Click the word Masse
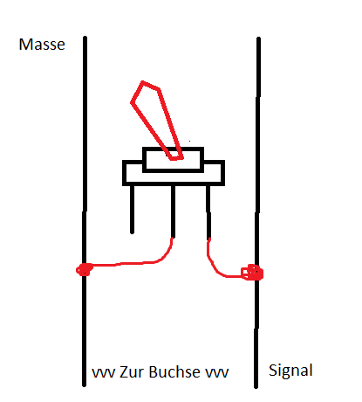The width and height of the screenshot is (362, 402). [42, 45]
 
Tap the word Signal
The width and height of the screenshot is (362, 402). [290, 371]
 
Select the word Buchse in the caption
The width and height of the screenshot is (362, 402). [174, 371]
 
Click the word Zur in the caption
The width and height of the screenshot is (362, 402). [133, 371]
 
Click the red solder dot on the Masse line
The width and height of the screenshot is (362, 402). [85, 269]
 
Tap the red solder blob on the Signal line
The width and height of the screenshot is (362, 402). [252, 273]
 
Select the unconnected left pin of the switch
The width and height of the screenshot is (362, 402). [133, 209]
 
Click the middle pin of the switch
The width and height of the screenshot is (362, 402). [173, 211]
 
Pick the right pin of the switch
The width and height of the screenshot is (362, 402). [208, 212]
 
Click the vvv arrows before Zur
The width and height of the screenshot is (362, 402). [104, 373]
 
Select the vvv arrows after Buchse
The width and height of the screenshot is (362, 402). [217, 373]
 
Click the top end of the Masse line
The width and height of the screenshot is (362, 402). [85, 38]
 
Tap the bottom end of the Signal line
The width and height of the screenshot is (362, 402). [256, 387]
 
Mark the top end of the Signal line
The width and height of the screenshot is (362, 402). [258, 38]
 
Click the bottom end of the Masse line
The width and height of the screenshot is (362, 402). [84, 385]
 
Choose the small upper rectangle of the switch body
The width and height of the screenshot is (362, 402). [173, 160]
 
